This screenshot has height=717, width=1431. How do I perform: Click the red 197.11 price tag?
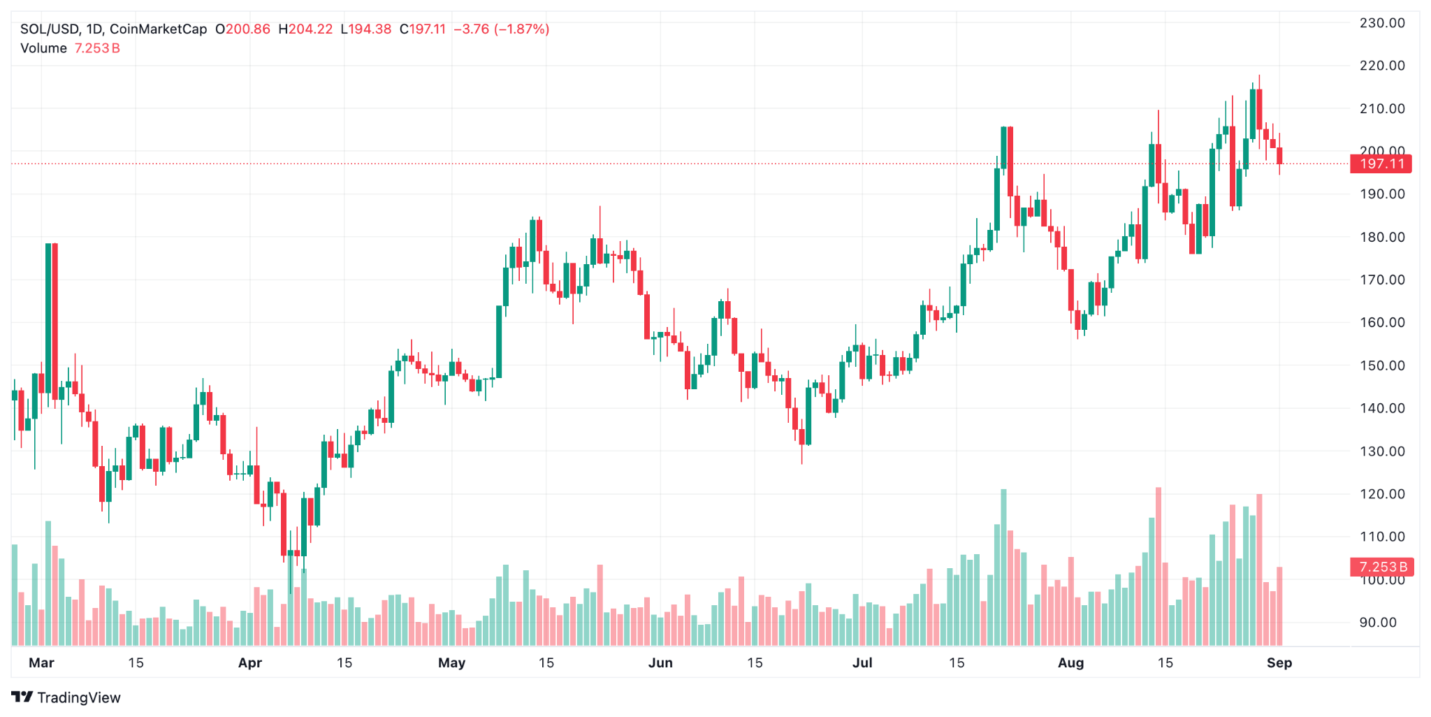pos(1381,164)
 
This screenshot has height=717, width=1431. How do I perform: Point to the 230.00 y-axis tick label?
pos(1381,23)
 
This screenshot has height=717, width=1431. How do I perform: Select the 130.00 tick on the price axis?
pos(1381,451)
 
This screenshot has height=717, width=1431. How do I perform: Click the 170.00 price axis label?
pos(1381,280)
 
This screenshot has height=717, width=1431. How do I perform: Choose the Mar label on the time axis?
pos(41,662)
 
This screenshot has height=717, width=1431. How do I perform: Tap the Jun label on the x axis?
pos(660,662)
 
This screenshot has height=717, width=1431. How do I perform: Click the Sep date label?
pos(1279,662)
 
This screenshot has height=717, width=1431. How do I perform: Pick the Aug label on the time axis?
pos(1070,662)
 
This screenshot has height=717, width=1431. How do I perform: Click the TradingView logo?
pos(66,697)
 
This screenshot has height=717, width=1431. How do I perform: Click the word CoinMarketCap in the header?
pos(159,29)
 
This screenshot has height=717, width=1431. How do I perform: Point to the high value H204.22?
pos(305,29)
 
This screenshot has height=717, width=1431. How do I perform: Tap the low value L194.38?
pos(365,29)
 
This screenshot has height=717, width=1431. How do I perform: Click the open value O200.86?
pos(242,29)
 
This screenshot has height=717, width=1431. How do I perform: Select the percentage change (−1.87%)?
pos(522,29)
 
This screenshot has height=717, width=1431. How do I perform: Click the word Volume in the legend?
pos(43,48)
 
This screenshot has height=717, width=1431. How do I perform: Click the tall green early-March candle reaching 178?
pos(48,321)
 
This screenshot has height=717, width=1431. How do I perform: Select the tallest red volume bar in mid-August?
pos(1158,566)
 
